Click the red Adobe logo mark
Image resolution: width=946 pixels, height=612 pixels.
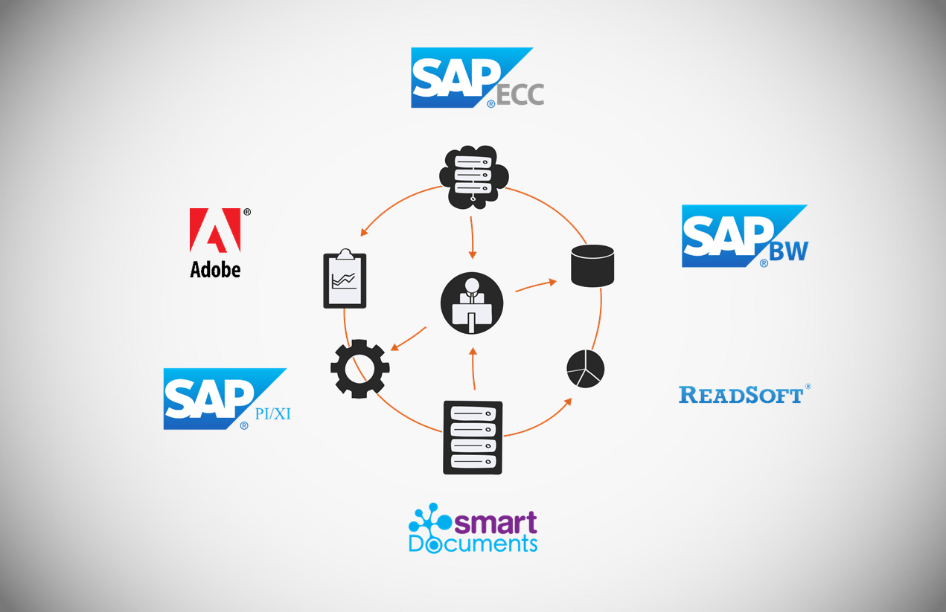(x=215, y=230)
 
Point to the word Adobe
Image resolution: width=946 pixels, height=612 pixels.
(x=215, y=268)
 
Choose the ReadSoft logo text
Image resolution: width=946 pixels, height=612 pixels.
(x=741, y=394)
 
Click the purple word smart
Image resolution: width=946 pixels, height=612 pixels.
(x=496, y=523)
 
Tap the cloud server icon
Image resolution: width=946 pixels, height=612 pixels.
(x=473, y=176)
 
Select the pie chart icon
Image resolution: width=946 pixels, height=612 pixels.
(x=585, y=367)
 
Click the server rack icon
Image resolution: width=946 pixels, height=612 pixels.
(x=473, y=437)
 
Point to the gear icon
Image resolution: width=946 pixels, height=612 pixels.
(x=359, y=367)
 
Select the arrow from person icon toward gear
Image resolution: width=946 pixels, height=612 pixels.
(x=409, y=338)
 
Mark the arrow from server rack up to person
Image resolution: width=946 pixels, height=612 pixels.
(x=473, y=369)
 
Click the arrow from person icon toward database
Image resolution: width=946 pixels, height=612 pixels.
(x=536, y=285)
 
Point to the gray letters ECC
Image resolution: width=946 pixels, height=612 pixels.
(x=520, y=94)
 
